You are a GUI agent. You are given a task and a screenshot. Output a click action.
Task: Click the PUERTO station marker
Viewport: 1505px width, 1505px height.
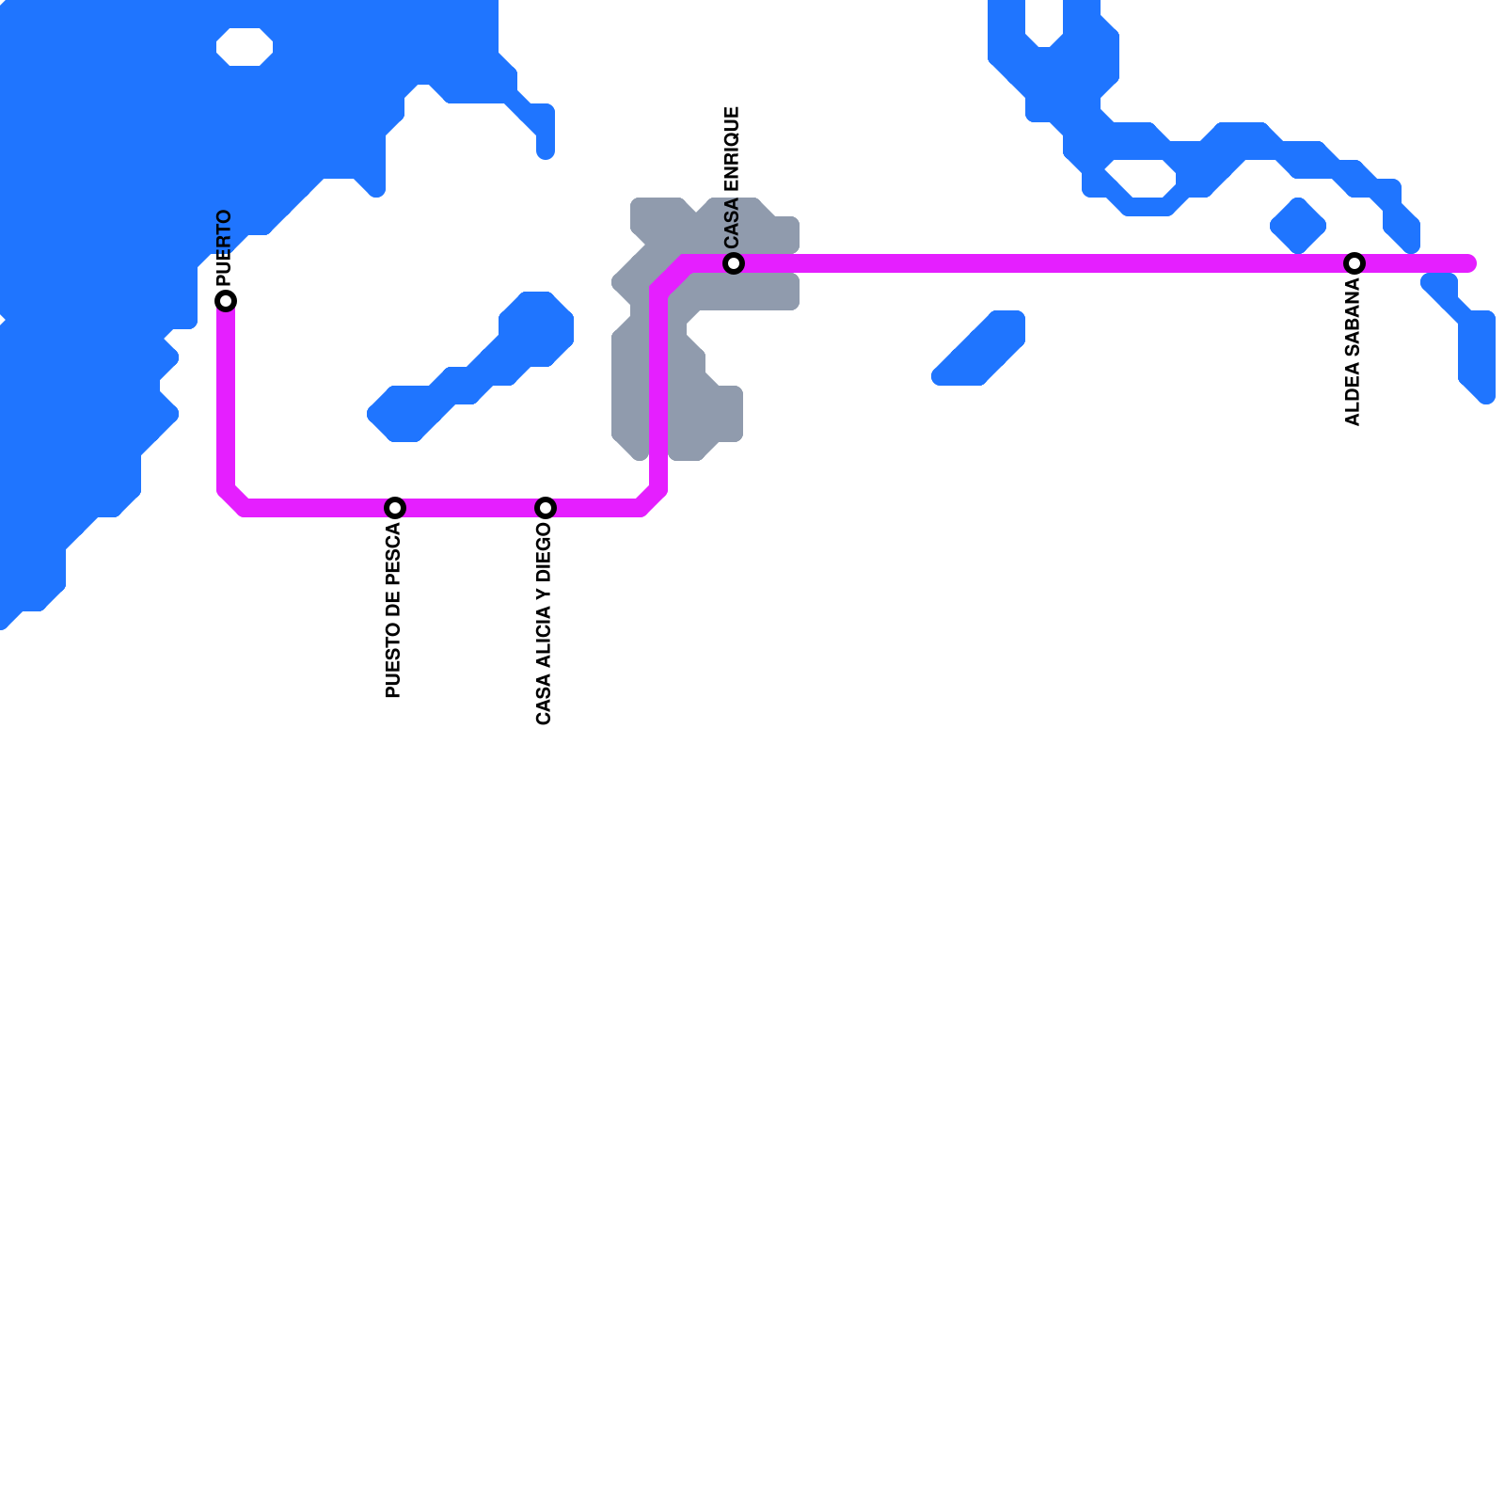226,301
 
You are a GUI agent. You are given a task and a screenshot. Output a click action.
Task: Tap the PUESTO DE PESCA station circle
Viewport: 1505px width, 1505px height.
395,508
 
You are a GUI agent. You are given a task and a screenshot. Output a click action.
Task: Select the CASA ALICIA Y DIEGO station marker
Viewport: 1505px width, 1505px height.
546,508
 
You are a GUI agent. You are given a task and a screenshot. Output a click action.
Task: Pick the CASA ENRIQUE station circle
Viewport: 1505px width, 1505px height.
734,263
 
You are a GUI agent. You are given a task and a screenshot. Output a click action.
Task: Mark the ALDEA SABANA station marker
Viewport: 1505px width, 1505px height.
1354,263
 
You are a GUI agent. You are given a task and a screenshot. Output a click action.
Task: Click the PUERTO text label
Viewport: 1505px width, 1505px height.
224,247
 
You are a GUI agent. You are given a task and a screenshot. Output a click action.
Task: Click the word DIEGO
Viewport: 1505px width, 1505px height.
544,554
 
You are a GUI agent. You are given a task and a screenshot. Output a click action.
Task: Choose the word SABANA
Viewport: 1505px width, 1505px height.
1353,318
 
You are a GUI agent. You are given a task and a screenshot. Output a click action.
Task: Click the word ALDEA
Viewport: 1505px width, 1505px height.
1353,394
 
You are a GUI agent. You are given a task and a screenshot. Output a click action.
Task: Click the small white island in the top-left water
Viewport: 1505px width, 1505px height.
245,47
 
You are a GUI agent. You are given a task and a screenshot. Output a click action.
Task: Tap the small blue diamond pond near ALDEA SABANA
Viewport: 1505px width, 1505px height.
1298,226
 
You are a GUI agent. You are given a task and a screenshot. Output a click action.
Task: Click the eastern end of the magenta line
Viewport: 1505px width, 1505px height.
1469,263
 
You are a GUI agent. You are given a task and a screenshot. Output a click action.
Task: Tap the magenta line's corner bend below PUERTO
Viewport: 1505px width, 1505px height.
233,499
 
